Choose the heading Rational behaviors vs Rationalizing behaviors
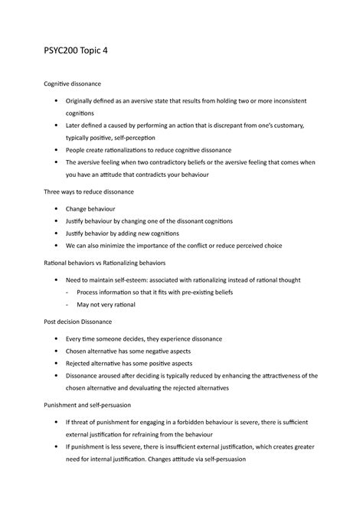pyautogui.click(x=106, y=262)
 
